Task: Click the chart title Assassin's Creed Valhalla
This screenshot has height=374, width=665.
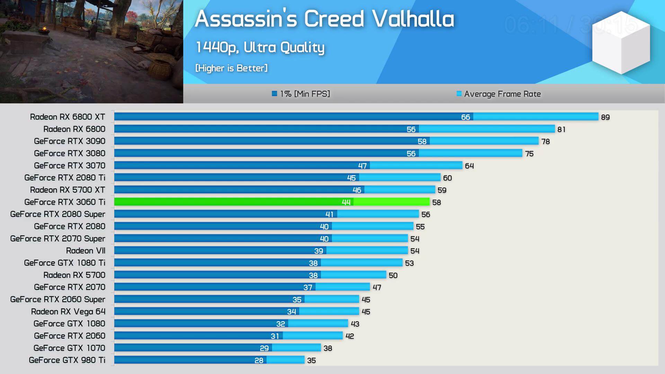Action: (x=324, y=19)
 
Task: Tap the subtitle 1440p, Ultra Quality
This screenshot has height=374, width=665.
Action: (x=260, y=47)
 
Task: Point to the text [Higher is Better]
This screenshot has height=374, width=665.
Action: (x=231, y=68)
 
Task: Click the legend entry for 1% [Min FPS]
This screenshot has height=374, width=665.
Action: (x=301, y=94)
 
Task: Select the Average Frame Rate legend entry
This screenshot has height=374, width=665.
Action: (x=499, y=94)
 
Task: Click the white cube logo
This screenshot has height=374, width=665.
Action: (x=621, y=43)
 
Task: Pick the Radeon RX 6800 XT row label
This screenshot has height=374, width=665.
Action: (x=68, y=117)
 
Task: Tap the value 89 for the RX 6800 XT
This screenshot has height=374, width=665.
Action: (x=605, y=117)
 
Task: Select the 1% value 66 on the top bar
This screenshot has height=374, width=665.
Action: (x=465, y=117)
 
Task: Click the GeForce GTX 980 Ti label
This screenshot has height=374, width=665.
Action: (x=67, y=360)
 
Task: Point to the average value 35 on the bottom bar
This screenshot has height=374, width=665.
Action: (x=311, y=360)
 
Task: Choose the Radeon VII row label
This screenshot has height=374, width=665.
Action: (x=86, y=251)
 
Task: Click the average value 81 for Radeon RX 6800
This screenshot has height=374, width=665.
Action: (x=561, y=130)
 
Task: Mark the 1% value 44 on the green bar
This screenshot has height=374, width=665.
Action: (x=346, y=202)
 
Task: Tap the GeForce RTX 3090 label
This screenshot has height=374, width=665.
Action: (x=70, y=141)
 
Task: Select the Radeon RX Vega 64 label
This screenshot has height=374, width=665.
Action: (x=68, y=312)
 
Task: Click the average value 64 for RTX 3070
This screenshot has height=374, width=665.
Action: (x=469, y=166)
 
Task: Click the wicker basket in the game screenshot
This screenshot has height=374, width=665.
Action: (x=160, y=69)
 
